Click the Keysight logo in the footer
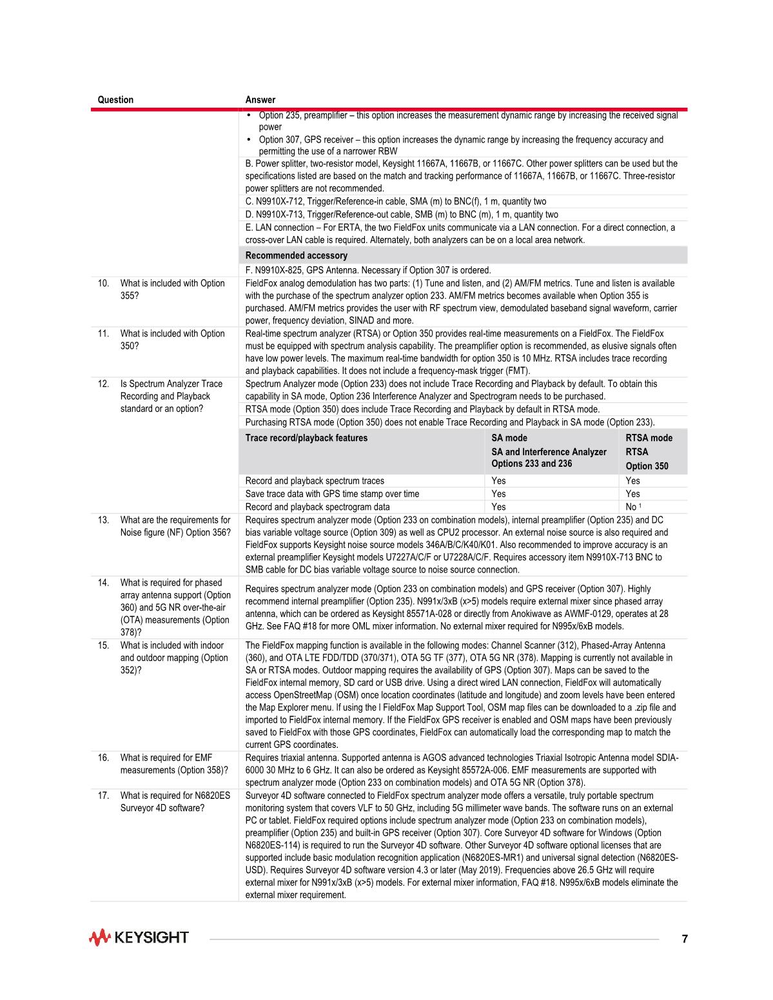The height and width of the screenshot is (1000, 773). point(139,937)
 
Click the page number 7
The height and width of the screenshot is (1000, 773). point(685,939)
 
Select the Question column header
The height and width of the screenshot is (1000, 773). point(115,100)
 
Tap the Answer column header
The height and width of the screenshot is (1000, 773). point(260,100)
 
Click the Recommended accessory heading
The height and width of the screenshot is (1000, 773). point(296,256)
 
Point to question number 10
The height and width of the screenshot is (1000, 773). point(103,283)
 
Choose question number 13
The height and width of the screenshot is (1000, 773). point(103,520)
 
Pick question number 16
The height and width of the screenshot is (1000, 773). point(103,758)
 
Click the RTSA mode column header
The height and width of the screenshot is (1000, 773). point(649,438)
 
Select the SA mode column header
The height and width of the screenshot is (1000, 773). point(509,438)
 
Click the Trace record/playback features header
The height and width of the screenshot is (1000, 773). point(306,438)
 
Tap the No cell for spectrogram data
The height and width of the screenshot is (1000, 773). point(631,507)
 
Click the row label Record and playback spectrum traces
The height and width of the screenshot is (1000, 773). point(315,481)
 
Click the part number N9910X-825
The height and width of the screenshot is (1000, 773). point(281,270)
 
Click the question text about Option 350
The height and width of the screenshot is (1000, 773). point(172,339)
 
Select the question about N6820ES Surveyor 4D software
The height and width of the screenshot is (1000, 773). point(175,801)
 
